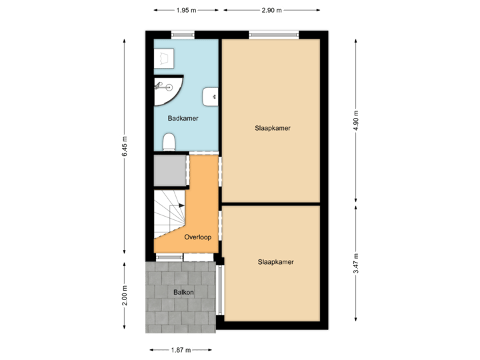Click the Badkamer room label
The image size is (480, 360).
pyautogui.click(x=183, y=118)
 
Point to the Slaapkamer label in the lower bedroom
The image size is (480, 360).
pyautogui.click(x=275, y=262)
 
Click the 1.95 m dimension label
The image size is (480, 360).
pyautogui.click(x=187, y=11)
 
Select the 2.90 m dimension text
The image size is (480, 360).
pyautogui.click(x=271, y=11)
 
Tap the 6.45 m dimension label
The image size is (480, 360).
pyautogui.click(x=125, y=147)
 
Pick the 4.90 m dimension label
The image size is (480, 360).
pyautogui.click(x=355, y=120)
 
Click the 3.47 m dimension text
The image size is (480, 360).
pyautogui.click(x=355, y=264)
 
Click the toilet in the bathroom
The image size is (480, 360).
pyautogui.click(x=169, y=142)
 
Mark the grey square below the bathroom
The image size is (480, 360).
pyautogui.click(x=169, y=171)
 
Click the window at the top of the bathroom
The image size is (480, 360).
pyautogui.click(x=183, y=33)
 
